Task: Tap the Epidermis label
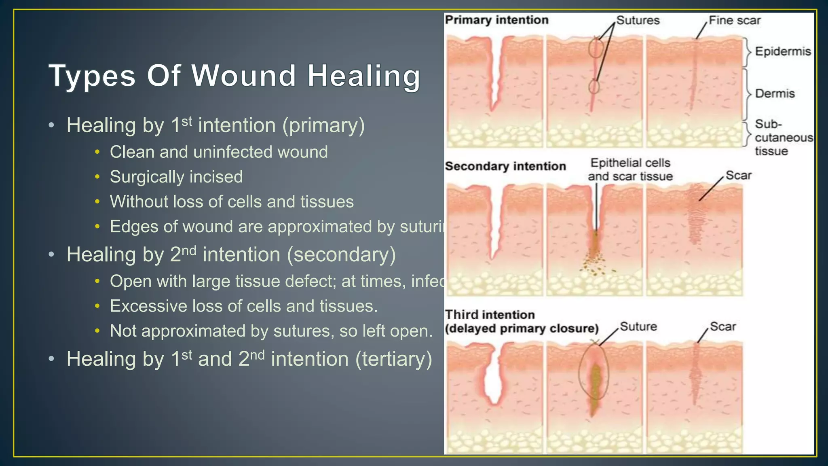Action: tap(783, 51)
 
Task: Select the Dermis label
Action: tap(775, 93)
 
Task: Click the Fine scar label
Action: tap(735, 20)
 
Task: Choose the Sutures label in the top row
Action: tap(638, 20)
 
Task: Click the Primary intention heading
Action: tap(496, 20)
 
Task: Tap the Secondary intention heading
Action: tap(505, 166)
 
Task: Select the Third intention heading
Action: tap(490, 315)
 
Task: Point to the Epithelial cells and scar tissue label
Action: tap(630, 169)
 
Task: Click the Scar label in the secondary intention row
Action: tap(738, 175)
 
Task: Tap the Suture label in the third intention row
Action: tap(638, 326)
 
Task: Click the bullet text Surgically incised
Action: tap(176, 177)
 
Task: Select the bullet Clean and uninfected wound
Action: tap(219, 152)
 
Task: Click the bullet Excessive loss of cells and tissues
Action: tap(243, 306)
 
